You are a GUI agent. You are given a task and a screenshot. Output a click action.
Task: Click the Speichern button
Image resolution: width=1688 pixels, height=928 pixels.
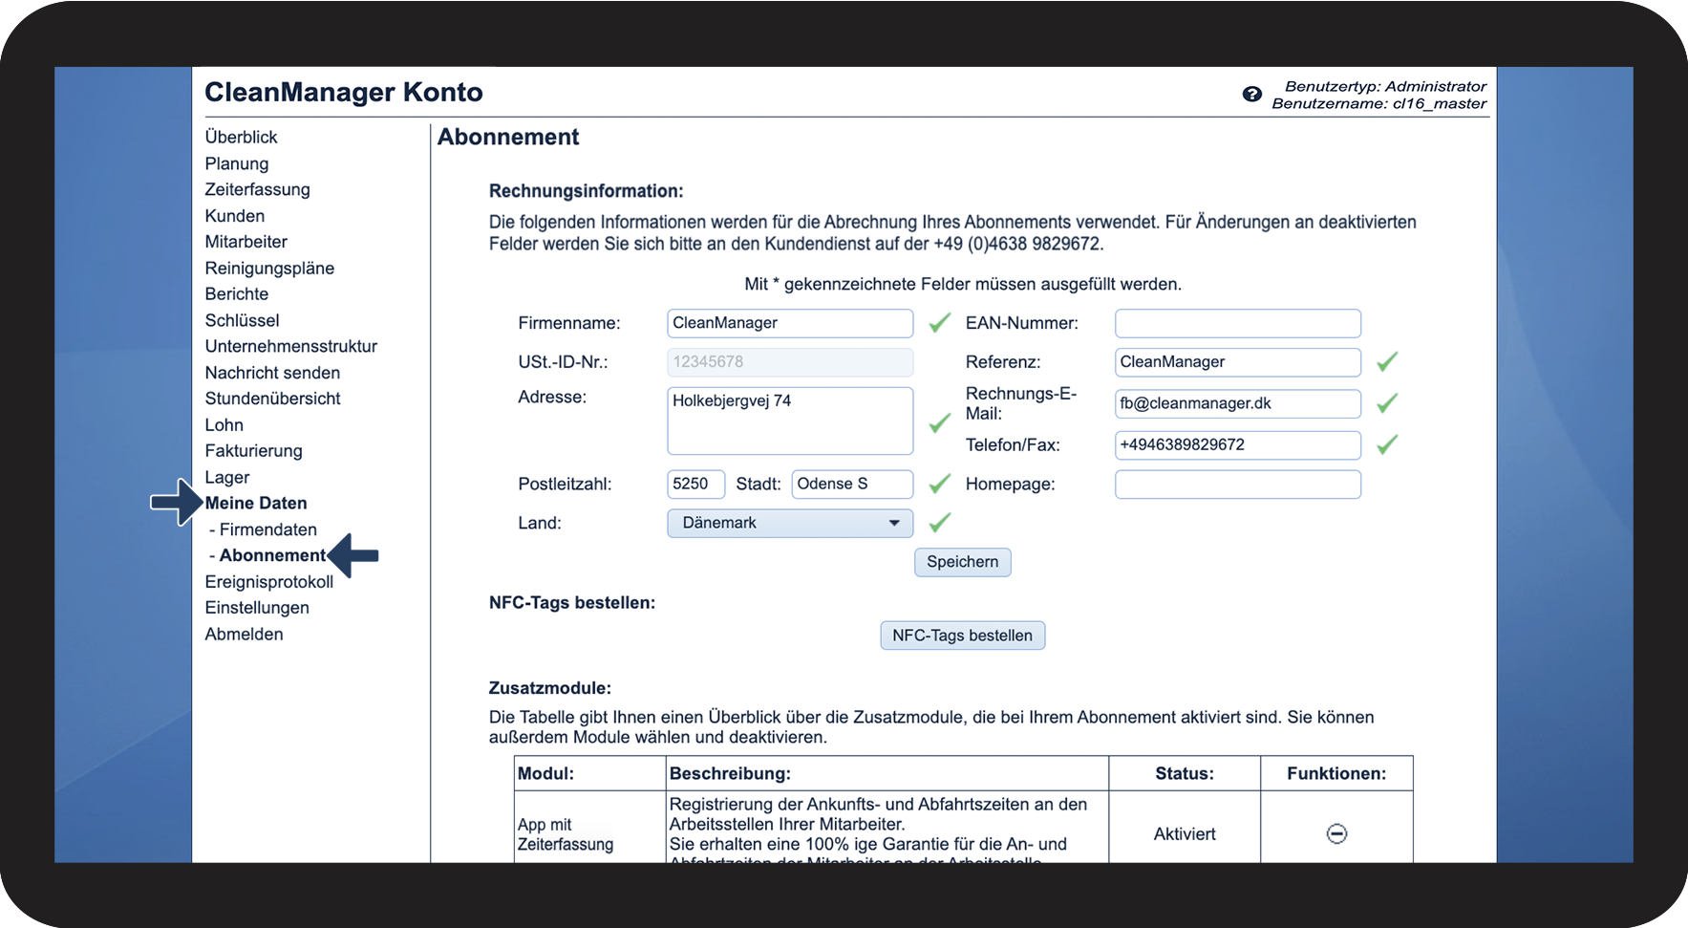pyautogui.click(x=962, y=562)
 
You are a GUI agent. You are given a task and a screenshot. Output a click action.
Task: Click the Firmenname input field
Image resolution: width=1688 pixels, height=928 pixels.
pyautogui.click(x=789, y=323)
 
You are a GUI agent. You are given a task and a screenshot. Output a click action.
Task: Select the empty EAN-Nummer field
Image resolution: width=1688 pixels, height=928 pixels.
pyautogui.click(x=1237, y=323)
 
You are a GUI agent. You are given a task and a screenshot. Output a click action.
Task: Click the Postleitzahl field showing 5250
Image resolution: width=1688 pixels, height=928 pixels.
pyautogui.click(x=695, y=484)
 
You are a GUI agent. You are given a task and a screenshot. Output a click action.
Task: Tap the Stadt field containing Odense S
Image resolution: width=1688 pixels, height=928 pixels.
pyautogui.click(x=851, y=484)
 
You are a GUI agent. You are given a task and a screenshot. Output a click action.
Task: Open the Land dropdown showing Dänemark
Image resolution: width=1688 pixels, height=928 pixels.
pyautogui.click(x=789, y=523)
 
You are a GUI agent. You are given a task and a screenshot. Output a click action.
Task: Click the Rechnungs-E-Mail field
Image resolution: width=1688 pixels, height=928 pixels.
pyautogui.click(x=1237, y=403)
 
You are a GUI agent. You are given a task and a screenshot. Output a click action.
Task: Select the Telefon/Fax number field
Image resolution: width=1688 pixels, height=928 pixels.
pyautogui.click(x=1237, y=444)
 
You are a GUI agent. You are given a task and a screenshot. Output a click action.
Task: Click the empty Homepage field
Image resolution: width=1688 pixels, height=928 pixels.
pyautogui.click(x=1237, y=485)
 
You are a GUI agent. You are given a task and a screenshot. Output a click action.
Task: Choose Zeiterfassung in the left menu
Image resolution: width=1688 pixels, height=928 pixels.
pyautogui.click(x=257, y=189)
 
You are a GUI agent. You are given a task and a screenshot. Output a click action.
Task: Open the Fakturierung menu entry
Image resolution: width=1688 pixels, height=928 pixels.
pyautogui.click(x=253, y=451)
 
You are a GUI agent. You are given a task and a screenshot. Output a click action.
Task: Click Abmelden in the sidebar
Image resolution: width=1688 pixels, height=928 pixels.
pyautogui.click(x=244, y=634)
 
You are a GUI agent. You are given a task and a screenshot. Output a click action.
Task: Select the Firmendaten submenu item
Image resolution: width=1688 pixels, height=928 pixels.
pyautogui.click(x=267, y=529)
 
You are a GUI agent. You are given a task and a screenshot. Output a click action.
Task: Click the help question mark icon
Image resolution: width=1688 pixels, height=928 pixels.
pyautogui.click(x=1251, y=94)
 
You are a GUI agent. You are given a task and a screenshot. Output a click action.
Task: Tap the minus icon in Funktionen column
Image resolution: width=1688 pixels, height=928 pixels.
pyautogui.click(x=1336, y=834)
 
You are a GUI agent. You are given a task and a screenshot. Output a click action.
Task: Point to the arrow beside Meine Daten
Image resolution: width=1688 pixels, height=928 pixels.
pyautogui.click(x=177, y=502)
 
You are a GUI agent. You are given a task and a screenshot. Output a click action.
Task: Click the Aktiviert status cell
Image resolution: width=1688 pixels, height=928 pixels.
pyautogui.click(x=1184, y=834)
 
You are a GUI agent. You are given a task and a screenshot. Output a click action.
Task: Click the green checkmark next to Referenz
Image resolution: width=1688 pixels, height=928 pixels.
pyautogui.click(x=1387, y=361)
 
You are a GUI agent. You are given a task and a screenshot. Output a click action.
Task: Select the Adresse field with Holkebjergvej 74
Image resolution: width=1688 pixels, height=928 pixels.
pyautogui.click(x=789, y=421)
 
